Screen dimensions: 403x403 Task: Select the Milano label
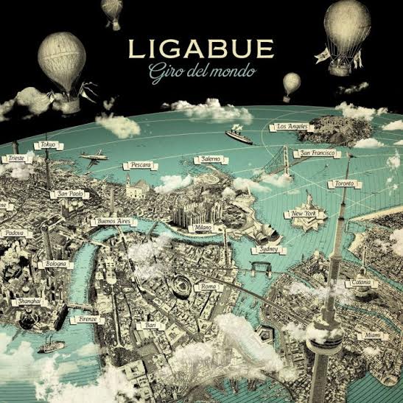(203, 228)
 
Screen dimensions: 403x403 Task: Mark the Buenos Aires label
(113, 221)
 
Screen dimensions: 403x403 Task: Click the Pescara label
(139, 165)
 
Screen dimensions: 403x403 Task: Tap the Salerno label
(206, 160)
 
